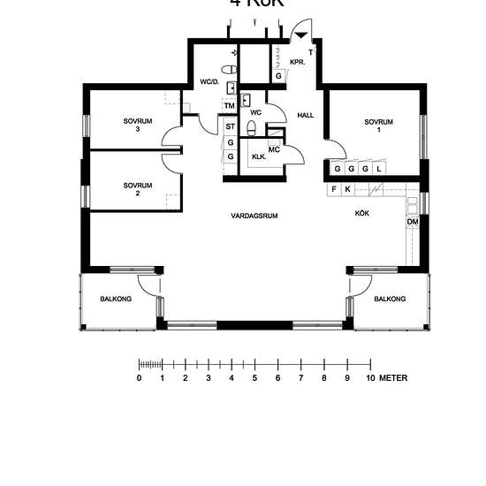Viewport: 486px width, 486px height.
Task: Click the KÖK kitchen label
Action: click(x=362, y=214)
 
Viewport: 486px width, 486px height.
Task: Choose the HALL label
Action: click(x=306, y=116)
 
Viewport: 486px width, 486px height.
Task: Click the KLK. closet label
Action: click(x=259, y=157)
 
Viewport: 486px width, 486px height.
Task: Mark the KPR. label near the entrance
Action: click(x=298, y=62)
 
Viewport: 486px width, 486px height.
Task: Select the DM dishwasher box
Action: click(x=412, y=221)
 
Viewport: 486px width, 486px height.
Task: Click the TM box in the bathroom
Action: click(x=229, y=106)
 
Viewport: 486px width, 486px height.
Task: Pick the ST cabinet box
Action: click(x=230, y=126)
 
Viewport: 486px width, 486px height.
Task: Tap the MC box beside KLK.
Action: click(x=274, y=149)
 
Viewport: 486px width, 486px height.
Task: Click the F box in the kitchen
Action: click(x=334, y=189)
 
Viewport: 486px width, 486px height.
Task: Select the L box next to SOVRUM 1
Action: click(x=378, y=168)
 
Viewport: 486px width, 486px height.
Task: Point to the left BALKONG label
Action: click(x=116, y=300)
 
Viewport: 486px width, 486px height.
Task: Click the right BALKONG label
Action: click(x=390, y=300)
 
